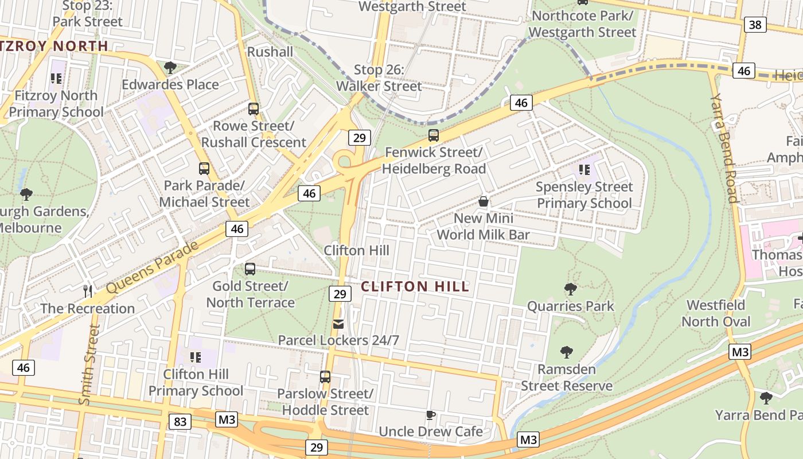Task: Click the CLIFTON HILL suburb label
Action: click(x=415, y=286)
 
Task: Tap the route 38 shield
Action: click(x=755, y=24)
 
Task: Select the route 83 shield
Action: click(x=180, y=422)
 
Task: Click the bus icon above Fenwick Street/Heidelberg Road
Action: click(x=434, y=136)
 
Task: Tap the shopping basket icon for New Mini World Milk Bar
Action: click(x=484, y=202)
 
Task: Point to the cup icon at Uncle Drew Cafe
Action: click(x=431, y=415)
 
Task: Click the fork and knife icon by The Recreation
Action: click(x=88, y=291)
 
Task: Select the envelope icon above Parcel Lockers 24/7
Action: click(x=339, y=325)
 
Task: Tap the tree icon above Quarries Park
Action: click(x=570, y=289)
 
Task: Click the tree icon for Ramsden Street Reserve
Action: click(x=566, y=352)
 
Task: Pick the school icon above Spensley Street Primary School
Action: click(x=584, y=170)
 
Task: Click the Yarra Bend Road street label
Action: click(x=724, y=148)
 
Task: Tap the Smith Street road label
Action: click(x=91, y=365)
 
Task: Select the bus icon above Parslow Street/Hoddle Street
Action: click(x=325, y=377)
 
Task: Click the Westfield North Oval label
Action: click(x=716, y=313)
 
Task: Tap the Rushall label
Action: click(x=270, y=52)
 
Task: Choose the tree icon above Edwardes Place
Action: click(x=170, y=68)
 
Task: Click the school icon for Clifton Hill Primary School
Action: click(x=195, y=357)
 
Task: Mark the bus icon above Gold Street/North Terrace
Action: click(x=250, y=269)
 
